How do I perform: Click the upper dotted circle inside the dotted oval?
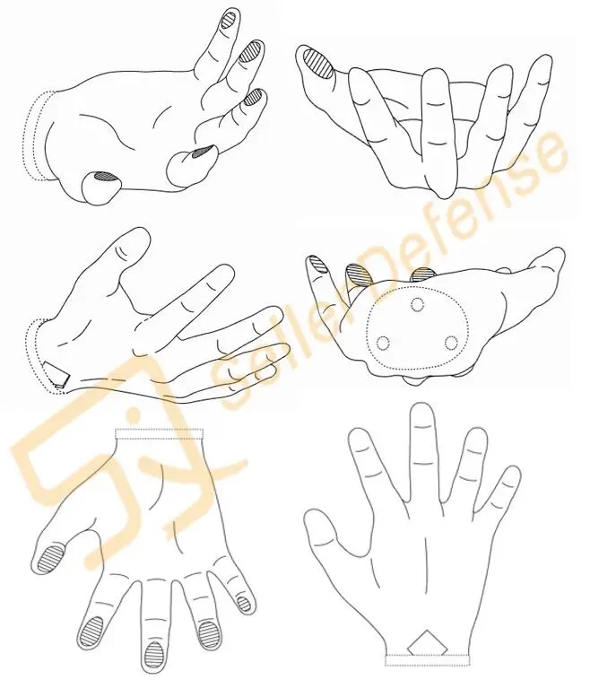(x=418, y=305)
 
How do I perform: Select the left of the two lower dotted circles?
(x=384, y=343)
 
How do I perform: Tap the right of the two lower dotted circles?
(x=451, y=343)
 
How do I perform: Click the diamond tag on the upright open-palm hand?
(x=427, y=643)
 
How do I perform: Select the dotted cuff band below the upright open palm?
(x=428, y=659)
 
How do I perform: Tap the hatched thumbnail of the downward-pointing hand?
(x=51, y=558)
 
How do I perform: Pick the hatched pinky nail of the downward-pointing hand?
(x=245, y=604)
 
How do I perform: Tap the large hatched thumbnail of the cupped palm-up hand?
(x=317, y=64)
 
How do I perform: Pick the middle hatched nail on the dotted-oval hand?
(x=359, y=275)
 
